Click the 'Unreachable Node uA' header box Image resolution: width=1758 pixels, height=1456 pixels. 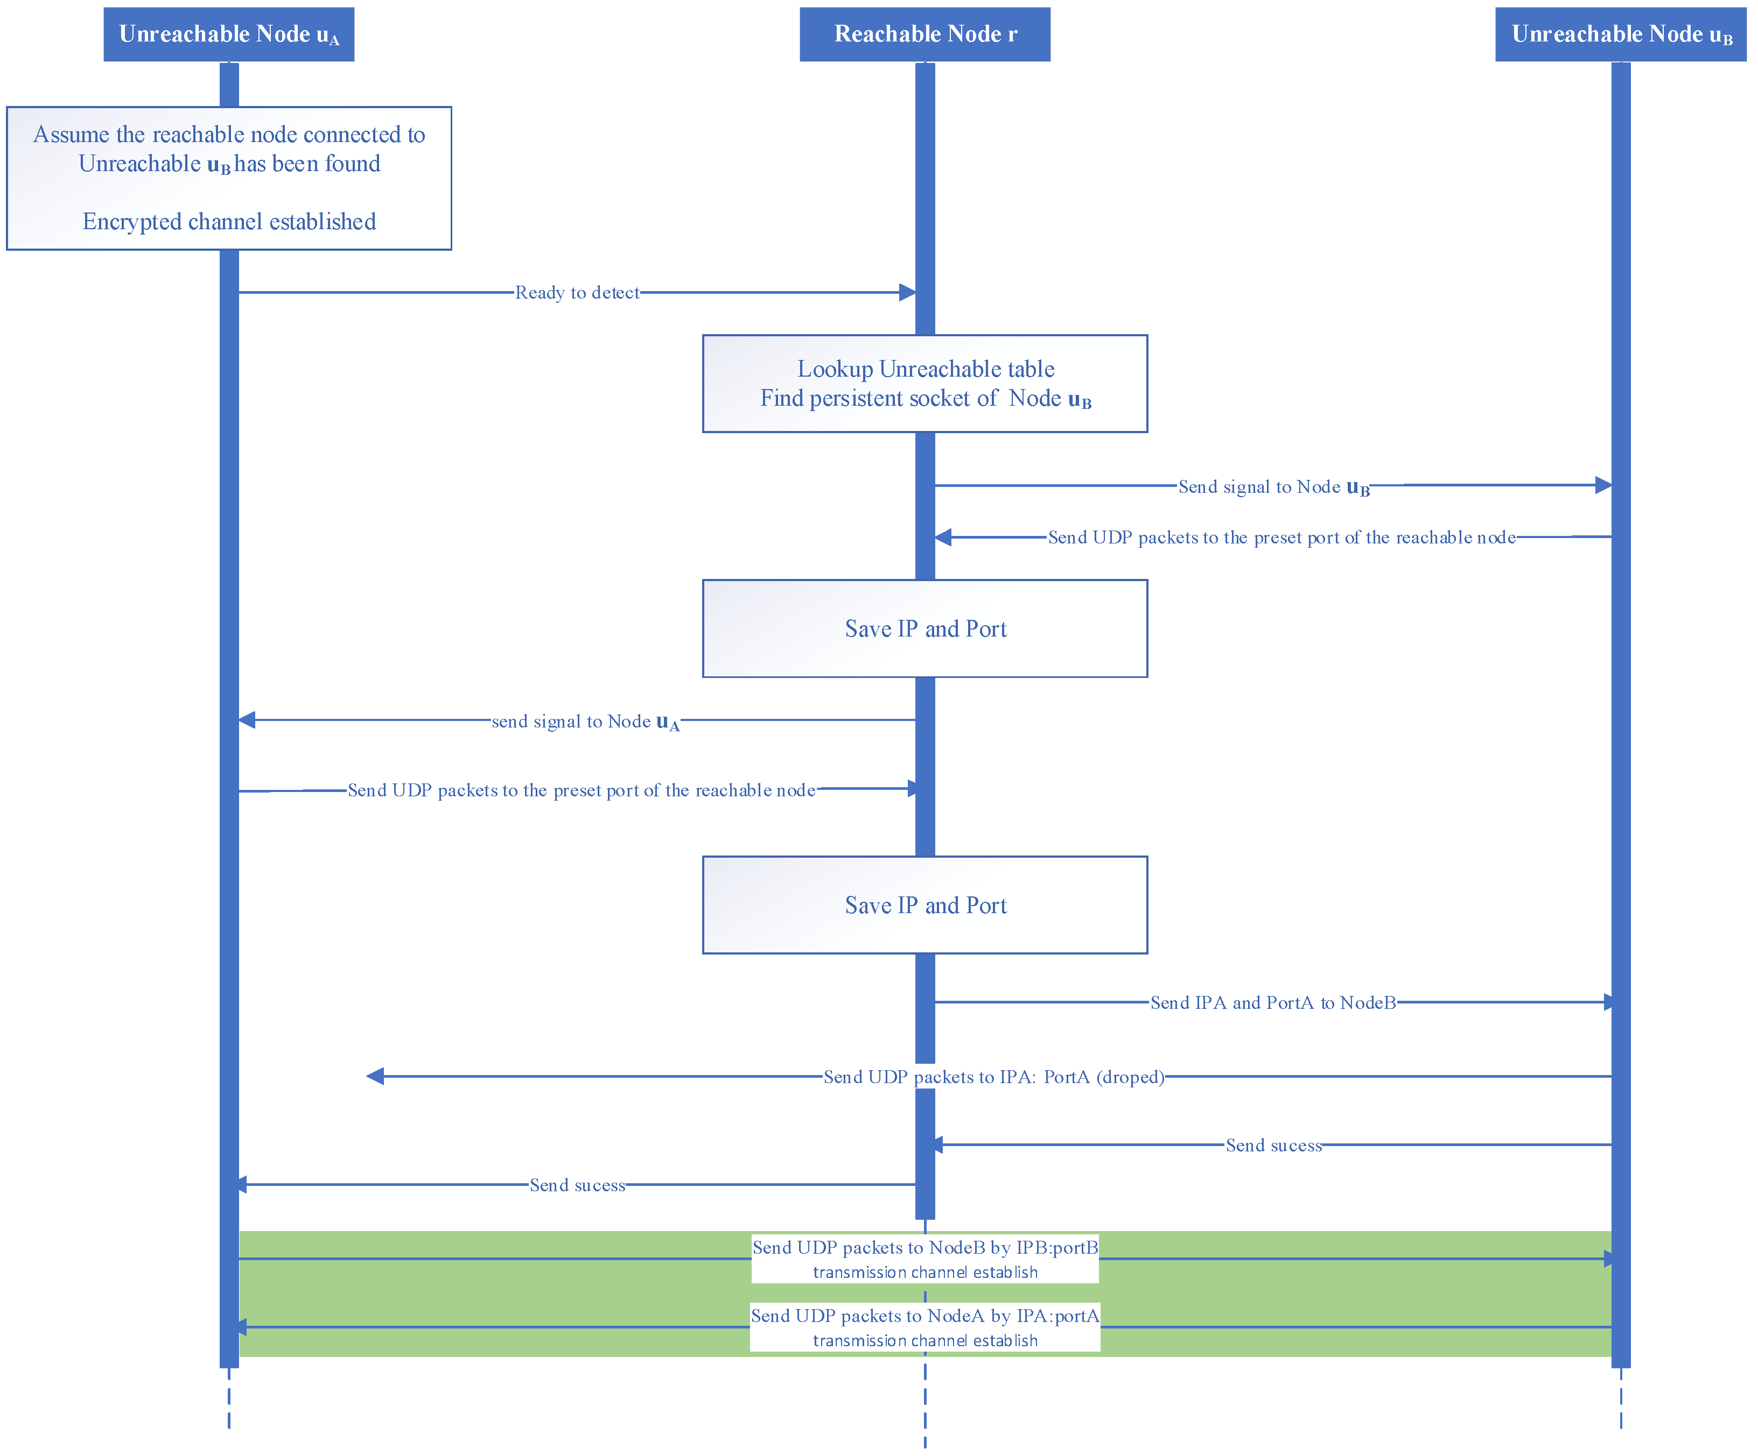tap(228, 34)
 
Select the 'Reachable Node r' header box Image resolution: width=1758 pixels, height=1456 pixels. tap(925, 34)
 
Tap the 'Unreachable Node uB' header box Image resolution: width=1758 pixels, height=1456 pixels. tap(1621, 34)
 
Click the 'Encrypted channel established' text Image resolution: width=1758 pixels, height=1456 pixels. tap(229, 222)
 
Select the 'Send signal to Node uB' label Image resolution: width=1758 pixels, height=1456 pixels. tap(1274, 487)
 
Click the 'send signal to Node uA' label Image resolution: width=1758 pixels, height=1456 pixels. tap(586, 722)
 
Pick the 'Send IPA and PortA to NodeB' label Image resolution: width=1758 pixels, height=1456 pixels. tap(1273, 1002)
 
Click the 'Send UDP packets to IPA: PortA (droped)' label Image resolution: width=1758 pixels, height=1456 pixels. tap(994, 1077)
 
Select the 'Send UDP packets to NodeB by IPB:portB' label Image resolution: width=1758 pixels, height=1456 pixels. tap(925, 1248)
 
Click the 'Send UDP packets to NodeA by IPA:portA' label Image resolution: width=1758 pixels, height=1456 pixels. tap(925, 1316)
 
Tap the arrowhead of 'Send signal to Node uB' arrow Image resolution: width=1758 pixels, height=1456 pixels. tap(1603, 485)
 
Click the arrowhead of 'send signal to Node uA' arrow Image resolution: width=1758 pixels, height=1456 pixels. tap(247, 719)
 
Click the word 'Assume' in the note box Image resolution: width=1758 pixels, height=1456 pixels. tap(71, 135)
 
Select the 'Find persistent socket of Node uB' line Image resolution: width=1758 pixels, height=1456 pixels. tap(925, 399)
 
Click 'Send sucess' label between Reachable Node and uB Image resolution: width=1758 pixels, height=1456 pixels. tap(1274, 1146)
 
